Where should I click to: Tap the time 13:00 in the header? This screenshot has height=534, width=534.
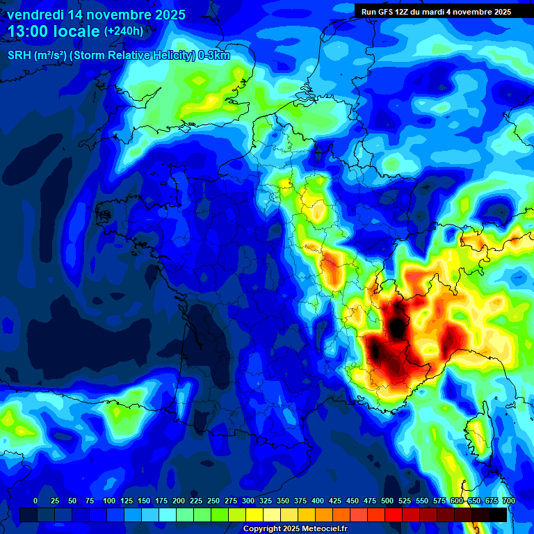click(31, 31)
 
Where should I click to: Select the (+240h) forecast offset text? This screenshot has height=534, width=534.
click(124, 31)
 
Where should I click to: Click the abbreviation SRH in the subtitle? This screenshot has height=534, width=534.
click(19, 56)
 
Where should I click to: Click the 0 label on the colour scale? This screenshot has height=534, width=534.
click(35, 501)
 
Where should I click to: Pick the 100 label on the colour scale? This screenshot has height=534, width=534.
click(108, 501)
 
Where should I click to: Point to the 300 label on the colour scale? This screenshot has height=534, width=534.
click(248, 501)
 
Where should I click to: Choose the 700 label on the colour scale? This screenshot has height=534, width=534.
click(508, 501)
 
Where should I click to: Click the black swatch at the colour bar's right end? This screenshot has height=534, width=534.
click(498, 515)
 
